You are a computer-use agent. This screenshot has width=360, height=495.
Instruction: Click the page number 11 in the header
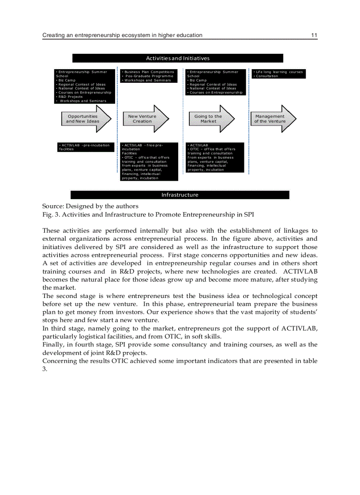pyautogui.click(x=314, y=35)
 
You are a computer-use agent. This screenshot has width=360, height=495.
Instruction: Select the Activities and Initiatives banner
pyautogui.click(x=178, y=58)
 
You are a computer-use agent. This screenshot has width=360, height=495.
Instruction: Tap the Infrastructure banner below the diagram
pyautogui.click(x=180, y=195)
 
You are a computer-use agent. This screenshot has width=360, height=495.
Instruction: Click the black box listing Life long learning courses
pyautogui.click(x=278, y=74)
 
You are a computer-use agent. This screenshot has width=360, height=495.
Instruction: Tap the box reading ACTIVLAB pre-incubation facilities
pyautogui.click(x=85, y=147)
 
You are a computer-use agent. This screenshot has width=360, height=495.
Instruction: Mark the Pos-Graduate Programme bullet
pyautogui.click(x=149, y=76)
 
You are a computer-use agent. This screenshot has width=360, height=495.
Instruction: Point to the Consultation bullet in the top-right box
pyautogui.click(x=267, y=76)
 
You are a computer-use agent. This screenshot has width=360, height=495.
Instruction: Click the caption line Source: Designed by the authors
pyautogui.click(x=90, y=206)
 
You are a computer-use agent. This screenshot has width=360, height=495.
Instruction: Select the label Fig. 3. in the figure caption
pyautogui.click(x=51, y=215)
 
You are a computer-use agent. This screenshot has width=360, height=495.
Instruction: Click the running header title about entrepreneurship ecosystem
pyautogui.click(x=122, y=35)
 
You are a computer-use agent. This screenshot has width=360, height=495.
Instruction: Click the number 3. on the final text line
pyautogui.click(x=45, y=369)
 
